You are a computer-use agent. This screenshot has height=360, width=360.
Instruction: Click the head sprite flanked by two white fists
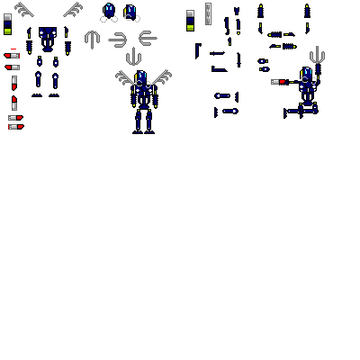click(x=109, y=12)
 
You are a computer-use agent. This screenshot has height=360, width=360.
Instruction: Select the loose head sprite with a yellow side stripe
click(x=130, y=12)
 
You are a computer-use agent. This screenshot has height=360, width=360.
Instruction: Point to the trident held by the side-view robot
click(x=314, y=56)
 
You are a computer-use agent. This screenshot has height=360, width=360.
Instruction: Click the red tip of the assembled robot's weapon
click(x=283, y=82)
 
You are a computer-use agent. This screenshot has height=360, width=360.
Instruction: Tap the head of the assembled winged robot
click(x=140, y=77)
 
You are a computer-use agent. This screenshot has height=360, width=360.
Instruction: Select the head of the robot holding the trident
click(x=306, y=74)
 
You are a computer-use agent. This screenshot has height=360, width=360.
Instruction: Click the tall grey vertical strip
click(x=208, y=13)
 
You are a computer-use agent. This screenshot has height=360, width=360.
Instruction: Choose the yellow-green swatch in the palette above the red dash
click(x=7, y=31)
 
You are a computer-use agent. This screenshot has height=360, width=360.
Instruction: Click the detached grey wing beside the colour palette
click(x=24, y=10)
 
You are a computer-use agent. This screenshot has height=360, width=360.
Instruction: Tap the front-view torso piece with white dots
click(x=47, y=35)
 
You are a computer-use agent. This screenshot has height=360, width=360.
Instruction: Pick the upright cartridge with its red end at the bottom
click(x=14, y=83)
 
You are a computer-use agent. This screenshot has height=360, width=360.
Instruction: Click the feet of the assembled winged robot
click(x=142, y=130)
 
